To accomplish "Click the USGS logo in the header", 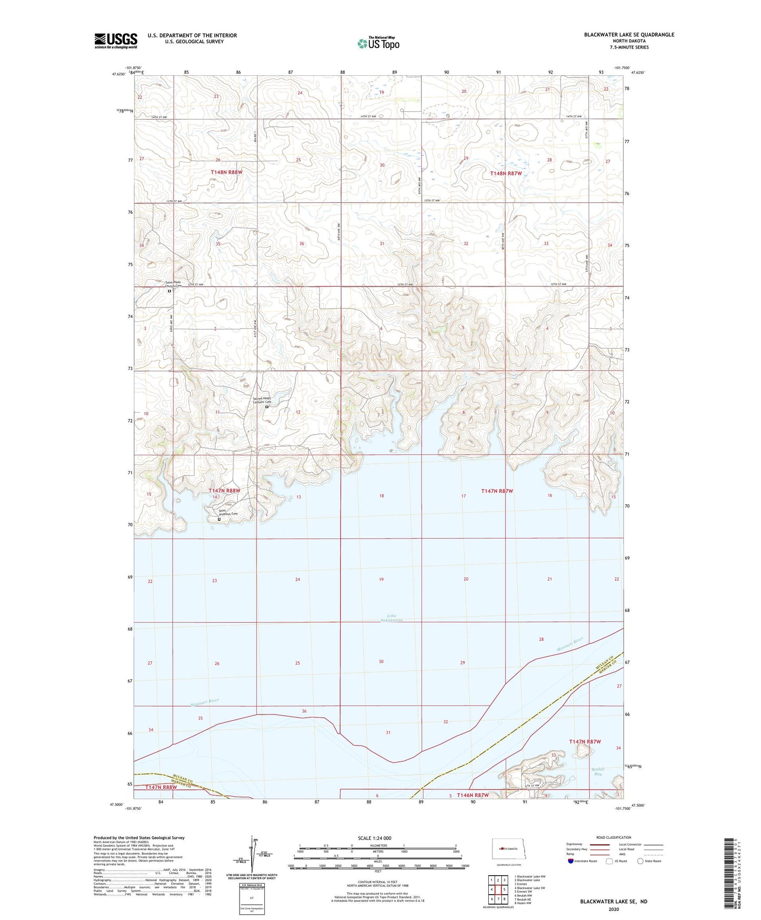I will (115, 41).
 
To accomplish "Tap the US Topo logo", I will (378, 43).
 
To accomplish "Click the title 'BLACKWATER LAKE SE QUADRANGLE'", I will (629, 35).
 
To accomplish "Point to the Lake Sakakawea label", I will (391, 618).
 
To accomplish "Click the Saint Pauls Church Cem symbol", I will (169, 291).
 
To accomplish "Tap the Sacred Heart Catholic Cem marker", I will (266, 407).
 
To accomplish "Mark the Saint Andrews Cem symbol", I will (220, 519).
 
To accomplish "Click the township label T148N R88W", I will (226, 172).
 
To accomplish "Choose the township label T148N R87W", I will (506, 173).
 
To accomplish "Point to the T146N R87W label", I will (472, 795).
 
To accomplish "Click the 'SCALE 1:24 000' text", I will (374, 838).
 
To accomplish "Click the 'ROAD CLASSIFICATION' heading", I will (614, 837).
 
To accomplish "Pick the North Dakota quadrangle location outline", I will (508, 849).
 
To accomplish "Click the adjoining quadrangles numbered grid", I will (498, 890).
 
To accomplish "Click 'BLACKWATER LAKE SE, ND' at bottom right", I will (614, 902).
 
